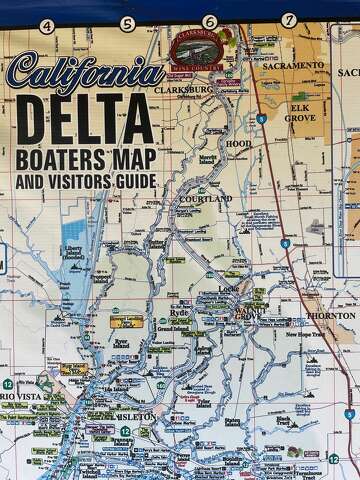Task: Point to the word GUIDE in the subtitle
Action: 133,181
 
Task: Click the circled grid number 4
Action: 46,25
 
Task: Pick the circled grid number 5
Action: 127,23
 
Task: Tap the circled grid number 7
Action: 288,19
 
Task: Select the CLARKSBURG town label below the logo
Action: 187,89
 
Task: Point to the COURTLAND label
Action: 206,199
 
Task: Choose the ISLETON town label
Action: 136,415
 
